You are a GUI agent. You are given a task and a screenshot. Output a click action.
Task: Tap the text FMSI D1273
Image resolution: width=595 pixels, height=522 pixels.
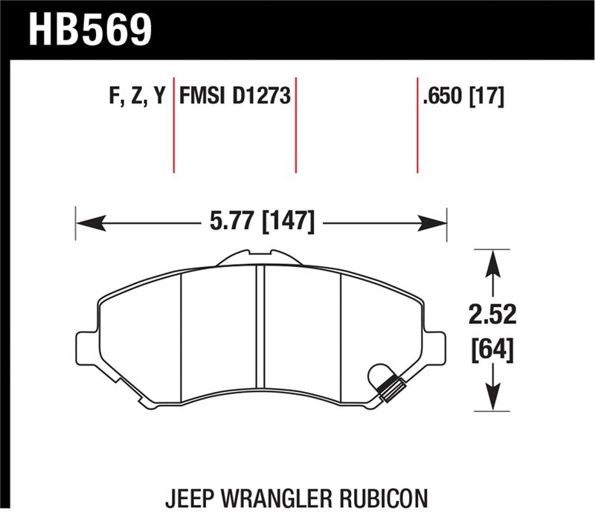pos(234,97)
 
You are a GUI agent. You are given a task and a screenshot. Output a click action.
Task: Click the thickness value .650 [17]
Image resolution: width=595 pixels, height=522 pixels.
pos(463,97)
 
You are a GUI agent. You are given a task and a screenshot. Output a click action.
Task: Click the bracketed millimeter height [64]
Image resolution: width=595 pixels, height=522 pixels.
pos(491,347)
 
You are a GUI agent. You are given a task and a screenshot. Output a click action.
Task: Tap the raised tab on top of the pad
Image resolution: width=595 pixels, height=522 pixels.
pos(258,257)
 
